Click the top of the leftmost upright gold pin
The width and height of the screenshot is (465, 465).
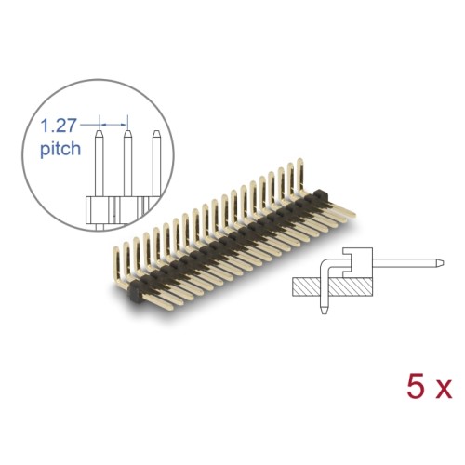pyautogui.click(x=119, y=244)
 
